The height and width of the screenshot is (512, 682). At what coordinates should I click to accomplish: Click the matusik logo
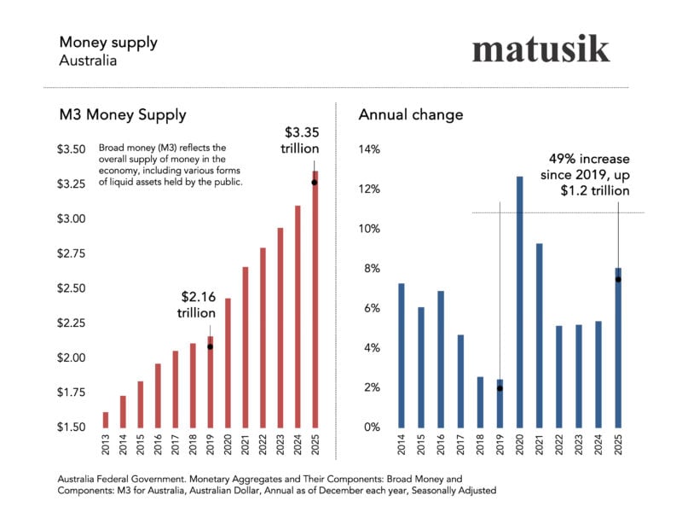(540, 48)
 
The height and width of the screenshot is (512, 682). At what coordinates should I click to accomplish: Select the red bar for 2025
(315, 299)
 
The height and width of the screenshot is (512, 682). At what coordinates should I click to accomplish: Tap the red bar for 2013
(106, 419)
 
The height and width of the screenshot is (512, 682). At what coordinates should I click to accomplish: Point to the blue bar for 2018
(479, 401)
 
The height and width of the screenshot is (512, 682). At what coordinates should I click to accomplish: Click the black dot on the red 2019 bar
(210, 346)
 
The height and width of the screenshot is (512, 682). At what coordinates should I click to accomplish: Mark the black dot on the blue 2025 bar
(618, 279)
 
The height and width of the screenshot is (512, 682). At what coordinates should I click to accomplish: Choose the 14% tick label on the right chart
(369, 149)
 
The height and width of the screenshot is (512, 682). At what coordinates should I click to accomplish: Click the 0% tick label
(372, 427)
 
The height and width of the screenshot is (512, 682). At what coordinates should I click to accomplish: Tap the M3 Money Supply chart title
(122, 114)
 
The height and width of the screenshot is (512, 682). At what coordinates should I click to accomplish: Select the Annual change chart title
(411, 114)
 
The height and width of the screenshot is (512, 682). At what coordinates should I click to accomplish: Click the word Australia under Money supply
(88, 61)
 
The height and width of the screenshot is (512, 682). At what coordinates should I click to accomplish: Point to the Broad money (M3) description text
(171, 165)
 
